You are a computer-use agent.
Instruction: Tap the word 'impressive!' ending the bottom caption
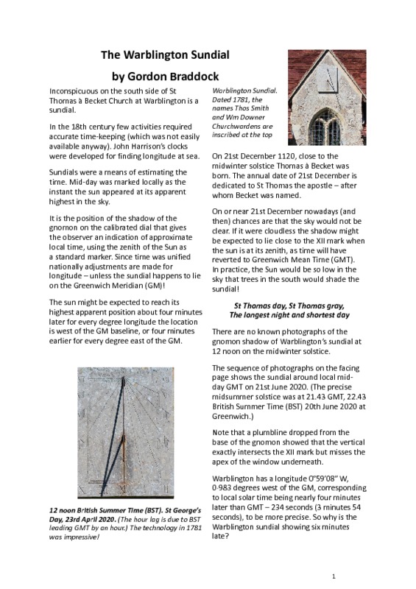click(77, 537)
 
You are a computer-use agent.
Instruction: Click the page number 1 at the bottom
click(334, 575)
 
